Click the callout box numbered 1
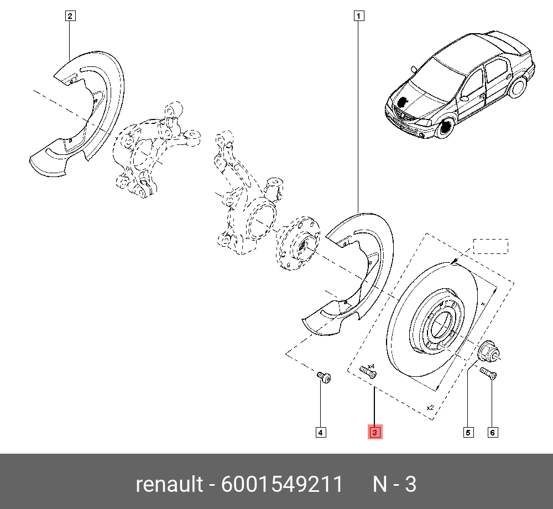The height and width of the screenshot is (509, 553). [x=359, y=16]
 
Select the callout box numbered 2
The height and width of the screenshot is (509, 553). [x=70, y=16]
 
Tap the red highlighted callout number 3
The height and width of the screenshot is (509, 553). [x=375, y=432]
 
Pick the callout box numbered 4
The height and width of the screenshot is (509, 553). [x=320, y=432]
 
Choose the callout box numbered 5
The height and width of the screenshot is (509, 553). [x=468, y=432]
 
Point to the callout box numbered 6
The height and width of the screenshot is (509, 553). [x=492, y=432]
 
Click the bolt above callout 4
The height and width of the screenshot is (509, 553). [x=324, y=378]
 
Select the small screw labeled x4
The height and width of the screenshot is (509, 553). [x=367, y=373]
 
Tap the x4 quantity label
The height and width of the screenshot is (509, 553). [x=371, y=366]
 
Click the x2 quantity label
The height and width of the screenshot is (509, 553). [x=430, y=408]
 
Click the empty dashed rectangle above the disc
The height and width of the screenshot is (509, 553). [x=491, y=246]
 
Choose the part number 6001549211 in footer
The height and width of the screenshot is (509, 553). [x=281, y=485]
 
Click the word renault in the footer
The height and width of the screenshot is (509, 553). [x=169, y=485]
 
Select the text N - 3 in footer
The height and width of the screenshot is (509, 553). [x=394, y=485]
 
